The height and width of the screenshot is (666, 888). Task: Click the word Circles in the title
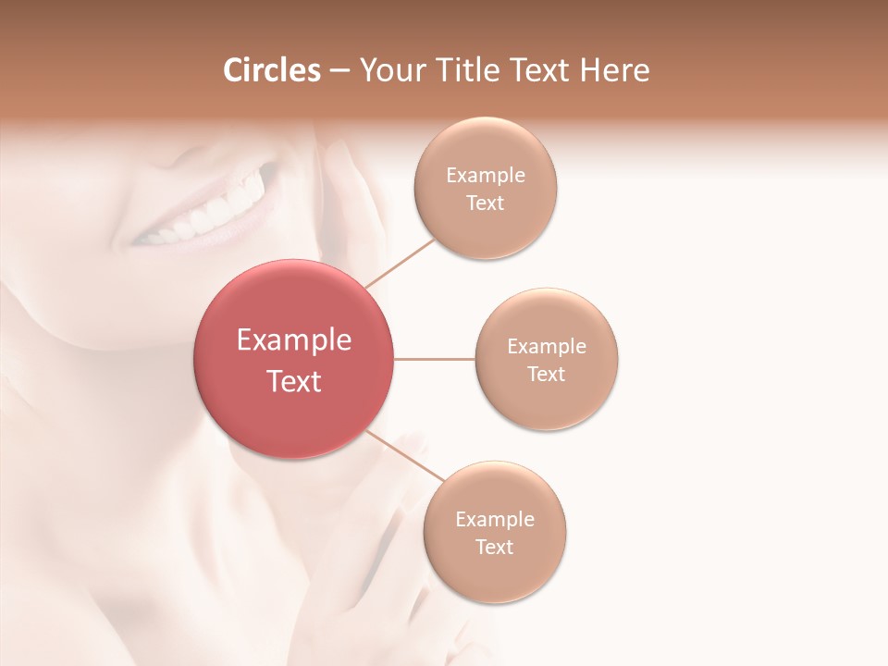tap(271, 70)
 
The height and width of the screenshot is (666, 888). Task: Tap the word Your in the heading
tap(391, 71)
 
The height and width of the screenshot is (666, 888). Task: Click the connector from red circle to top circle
tap(400, 262)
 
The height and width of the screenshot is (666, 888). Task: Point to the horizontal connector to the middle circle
tap(435, 359)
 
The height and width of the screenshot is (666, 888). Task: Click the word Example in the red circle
tap(294, 340)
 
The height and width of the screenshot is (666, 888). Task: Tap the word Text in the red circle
tap(294, 381)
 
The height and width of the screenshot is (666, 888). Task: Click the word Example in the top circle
tap(486, 176)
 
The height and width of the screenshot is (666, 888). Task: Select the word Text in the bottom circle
tap(495, 547)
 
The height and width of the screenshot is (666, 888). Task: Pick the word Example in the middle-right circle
tap(547, 347)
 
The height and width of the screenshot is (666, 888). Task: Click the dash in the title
tap(339, 71)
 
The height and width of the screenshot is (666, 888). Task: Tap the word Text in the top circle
tap(486, 203)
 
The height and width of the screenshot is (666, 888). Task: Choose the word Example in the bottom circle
tap(495, 519)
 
